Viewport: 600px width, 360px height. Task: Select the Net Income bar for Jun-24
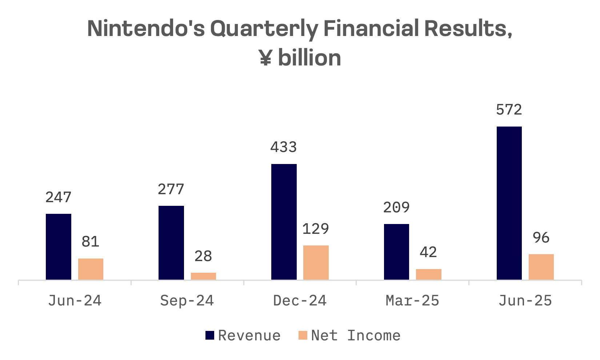click(x=91, y=269)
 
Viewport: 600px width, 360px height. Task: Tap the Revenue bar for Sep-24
click(x=171, y=243)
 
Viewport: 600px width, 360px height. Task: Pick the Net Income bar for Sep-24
click(x=203, y=276)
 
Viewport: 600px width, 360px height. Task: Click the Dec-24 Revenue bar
click(x=284, y=222)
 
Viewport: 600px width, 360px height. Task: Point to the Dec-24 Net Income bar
click(x=316, y=263)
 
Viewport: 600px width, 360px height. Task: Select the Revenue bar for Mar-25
click(x=396, y=252)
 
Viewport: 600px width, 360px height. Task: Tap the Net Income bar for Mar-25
click(x=429, y=274)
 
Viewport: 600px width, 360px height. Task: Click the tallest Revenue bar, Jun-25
click(x=509, y=203)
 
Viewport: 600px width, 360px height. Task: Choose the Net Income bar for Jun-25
click(x=541, y=267)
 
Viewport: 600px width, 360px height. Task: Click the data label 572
click(x=509, y=110)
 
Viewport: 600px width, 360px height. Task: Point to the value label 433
click(x=284, y=147)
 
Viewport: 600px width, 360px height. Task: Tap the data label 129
click(x=316, y=229)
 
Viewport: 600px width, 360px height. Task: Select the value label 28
click(x=203, y=256)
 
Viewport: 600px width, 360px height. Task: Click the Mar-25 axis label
click(x=412, y=301)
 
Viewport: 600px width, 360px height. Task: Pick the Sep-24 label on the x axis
click(x=187, y=301)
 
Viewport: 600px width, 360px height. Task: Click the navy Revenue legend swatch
click(x=210, y=335)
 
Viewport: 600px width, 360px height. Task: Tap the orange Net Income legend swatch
click(x=303, y=335)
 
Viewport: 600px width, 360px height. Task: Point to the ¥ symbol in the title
click(x=266, y=58)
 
